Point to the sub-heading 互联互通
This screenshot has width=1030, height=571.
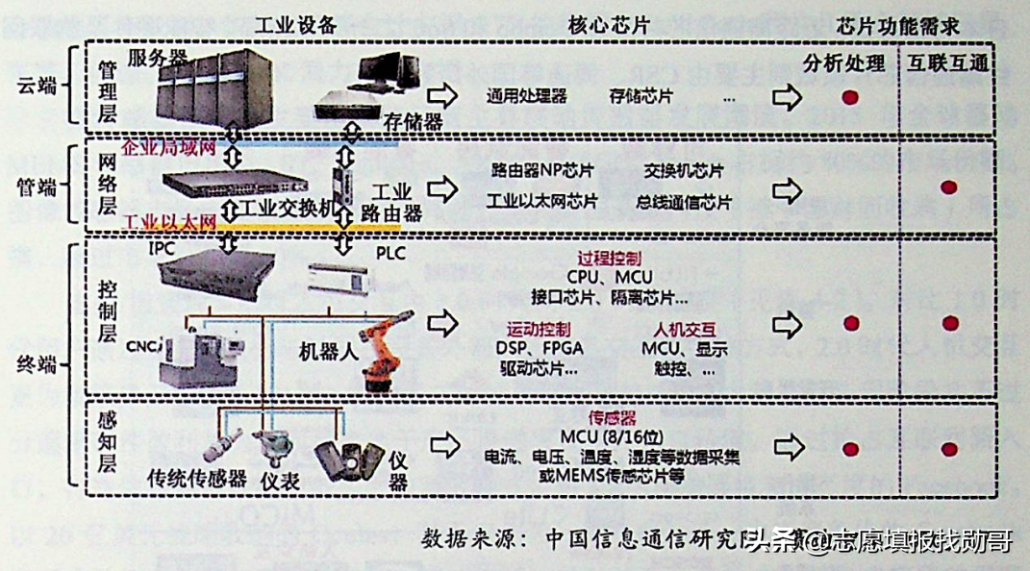click(947, 63)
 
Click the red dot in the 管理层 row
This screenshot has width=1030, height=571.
click(850, 97)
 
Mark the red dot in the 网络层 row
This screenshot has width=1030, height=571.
click(948, 187)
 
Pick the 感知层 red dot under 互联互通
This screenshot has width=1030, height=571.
click(948, 449)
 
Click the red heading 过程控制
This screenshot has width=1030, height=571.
click(609, 259)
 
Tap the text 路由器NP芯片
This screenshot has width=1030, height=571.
click(542, 172)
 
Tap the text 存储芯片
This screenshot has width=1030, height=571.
click(641, 96)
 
